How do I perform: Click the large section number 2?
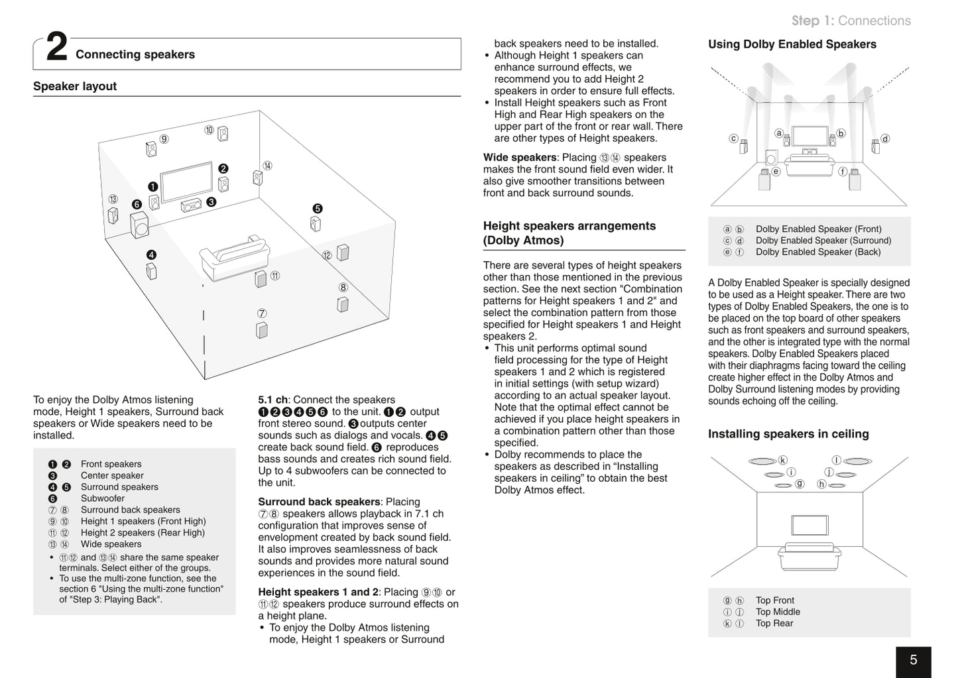pos(56,49)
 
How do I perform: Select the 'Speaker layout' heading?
pos(74,86)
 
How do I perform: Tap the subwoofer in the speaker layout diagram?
pos(140,225)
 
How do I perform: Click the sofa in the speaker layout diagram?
pos(234,256)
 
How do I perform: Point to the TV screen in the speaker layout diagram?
pos(186,181)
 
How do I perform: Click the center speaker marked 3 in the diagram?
pos(191,205)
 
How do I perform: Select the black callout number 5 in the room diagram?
pos(317,209)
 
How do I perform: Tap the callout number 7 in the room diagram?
pos(262,313)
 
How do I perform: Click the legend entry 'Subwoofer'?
pos(102,498)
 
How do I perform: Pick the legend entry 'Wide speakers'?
pos(111,544)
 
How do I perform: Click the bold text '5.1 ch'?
pos(272,400)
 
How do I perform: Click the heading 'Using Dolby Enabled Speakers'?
pos(792,44)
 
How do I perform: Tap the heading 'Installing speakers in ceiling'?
pos(788,434)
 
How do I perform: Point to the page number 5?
pos(913,660)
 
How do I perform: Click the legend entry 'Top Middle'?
pos(777,612)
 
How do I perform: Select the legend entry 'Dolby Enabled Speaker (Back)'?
pos(817,252)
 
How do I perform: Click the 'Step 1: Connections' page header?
pos(851,21)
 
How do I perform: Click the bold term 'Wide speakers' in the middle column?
pos(520,157)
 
